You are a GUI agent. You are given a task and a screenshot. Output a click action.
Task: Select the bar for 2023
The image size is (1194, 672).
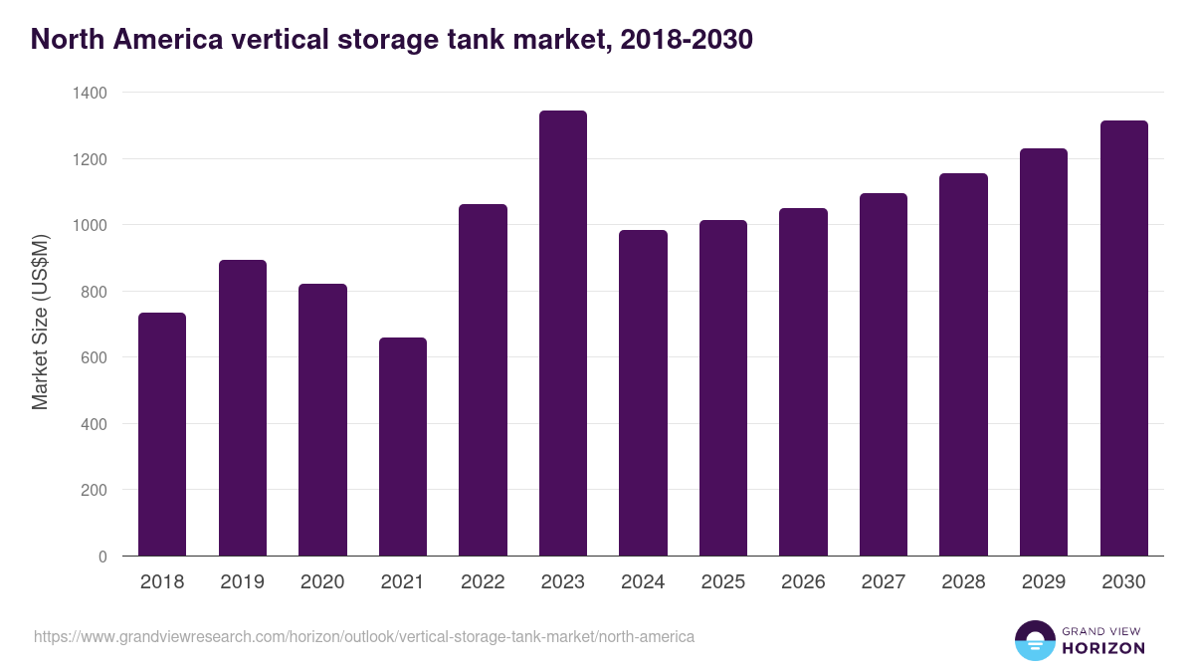563,334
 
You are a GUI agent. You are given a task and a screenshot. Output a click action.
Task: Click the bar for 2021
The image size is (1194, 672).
403,447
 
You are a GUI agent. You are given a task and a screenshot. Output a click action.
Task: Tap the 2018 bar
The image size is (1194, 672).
162,434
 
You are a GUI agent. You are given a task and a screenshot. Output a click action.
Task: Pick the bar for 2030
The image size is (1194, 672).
1124,338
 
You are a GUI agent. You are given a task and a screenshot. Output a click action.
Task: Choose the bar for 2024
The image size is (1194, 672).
643,393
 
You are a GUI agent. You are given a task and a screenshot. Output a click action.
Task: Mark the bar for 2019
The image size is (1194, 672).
243,408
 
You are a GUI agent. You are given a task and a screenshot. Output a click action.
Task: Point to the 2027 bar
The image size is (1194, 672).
884,374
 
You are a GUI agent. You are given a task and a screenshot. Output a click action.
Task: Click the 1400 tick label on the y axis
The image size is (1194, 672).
89,93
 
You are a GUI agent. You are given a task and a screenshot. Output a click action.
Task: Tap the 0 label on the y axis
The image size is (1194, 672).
102,557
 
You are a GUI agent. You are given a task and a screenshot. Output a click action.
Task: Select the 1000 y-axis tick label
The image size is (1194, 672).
89,225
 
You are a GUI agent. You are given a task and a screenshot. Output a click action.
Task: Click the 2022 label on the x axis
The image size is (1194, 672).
483,582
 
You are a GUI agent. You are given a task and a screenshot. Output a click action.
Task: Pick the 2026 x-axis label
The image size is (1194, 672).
803,582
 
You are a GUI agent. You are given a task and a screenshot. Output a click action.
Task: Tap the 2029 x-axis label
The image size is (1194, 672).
1044,582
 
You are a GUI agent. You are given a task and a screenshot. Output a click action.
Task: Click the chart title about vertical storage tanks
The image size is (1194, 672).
391,40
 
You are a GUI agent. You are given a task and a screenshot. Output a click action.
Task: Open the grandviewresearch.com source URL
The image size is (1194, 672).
364,636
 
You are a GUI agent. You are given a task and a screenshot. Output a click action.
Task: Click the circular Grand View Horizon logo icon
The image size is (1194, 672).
1034,640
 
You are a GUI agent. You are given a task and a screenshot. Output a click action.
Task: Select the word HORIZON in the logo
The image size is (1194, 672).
1103,648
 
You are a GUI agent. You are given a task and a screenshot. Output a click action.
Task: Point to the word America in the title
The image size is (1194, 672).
162,40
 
